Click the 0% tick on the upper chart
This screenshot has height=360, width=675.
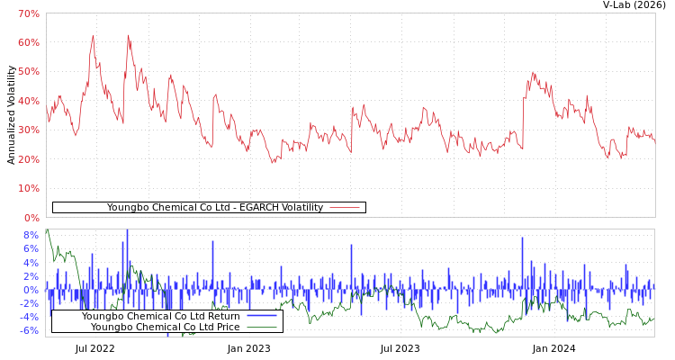31,218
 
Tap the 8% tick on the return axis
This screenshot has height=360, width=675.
31,235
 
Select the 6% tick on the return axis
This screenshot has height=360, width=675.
31,249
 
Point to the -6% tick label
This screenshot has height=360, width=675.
28,331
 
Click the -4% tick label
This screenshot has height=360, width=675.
28,318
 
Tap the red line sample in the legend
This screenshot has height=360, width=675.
345,208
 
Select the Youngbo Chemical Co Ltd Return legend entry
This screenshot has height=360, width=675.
160,317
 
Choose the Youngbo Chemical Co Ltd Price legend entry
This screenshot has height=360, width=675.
165,328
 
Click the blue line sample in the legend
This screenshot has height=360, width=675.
261,317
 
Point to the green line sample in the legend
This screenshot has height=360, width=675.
261,328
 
